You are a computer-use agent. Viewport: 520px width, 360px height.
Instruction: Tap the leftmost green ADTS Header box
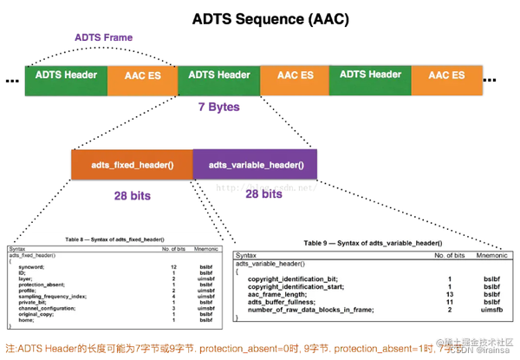tap(66, 75)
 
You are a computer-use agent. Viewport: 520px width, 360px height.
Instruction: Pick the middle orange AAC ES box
tap(295, 76)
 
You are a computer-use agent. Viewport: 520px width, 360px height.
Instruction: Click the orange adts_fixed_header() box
tap(131, 165)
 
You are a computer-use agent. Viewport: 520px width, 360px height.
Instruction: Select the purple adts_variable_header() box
tap(256, 165)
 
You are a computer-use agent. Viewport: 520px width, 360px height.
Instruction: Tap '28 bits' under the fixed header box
tap(133, 196)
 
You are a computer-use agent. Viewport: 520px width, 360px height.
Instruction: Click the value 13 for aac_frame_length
tap(450, 293)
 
